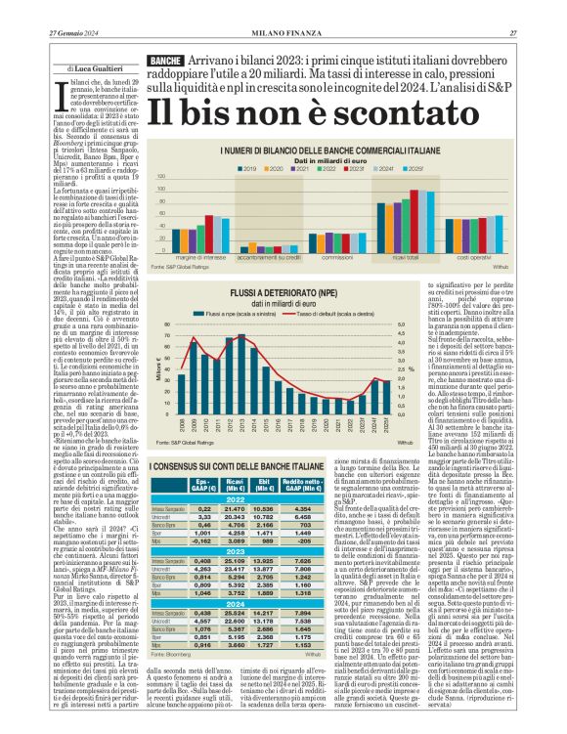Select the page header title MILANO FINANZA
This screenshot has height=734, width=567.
tap(283, 9)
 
